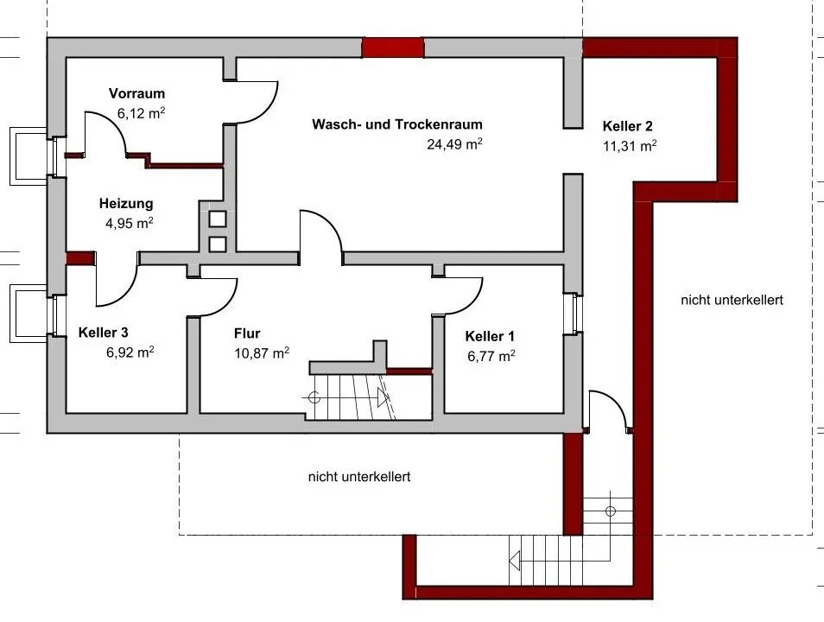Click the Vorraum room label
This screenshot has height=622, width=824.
coord(136,93)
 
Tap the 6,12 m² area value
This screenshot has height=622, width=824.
coord(141,113)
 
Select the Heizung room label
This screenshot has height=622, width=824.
coord(126,204)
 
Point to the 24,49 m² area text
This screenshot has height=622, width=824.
coord(454,143)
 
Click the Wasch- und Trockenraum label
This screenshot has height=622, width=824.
coord(397,124)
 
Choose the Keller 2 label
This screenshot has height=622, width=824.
coord(627,126)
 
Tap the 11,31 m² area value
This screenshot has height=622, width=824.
coord(630,146)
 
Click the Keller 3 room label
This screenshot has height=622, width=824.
coord(103,333)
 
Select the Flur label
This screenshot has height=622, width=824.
coord(247,333)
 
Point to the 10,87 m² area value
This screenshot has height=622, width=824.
coord(262,352)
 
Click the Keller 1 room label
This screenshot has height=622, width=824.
coord(490,337)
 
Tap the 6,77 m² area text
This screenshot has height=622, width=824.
coord(491,356)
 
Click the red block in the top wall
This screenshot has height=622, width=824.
coord(392,48)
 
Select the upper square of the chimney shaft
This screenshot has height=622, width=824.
coord(218,219)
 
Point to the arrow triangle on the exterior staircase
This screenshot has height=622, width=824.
coord(515,561)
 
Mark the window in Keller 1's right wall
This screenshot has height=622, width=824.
coord(574,314)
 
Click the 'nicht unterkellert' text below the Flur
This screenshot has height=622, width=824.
coord(359,477)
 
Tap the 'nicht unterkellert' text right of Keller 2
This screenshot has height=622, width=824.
coord(732,301)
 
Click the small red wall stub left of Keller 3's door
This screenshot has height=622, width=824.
coord(79,257)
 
